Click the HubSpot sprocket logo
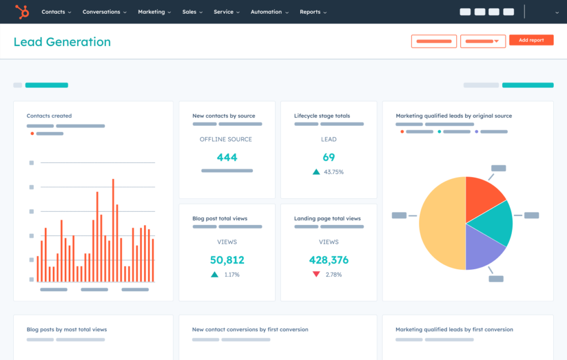tap(22, 11)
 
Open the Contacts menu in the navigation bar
tap(56, 12)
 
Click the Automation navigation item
tap(269, 12)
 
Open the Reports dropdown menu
tap(313, 12)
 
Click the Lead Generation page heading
tap(62, 42)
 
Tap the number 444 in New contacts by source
tap(227, 157)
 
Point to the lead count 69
tap(329, 157)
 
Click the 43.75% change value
tap(334, 172)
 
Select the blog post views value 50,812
tap(227, 260)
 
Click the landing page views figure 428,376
tap(329, 260)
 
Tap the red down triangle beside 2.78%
tap(316, 274)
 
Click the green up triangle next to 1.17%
tap(214, 274)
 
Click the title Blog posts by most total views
tap(66, 330)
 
